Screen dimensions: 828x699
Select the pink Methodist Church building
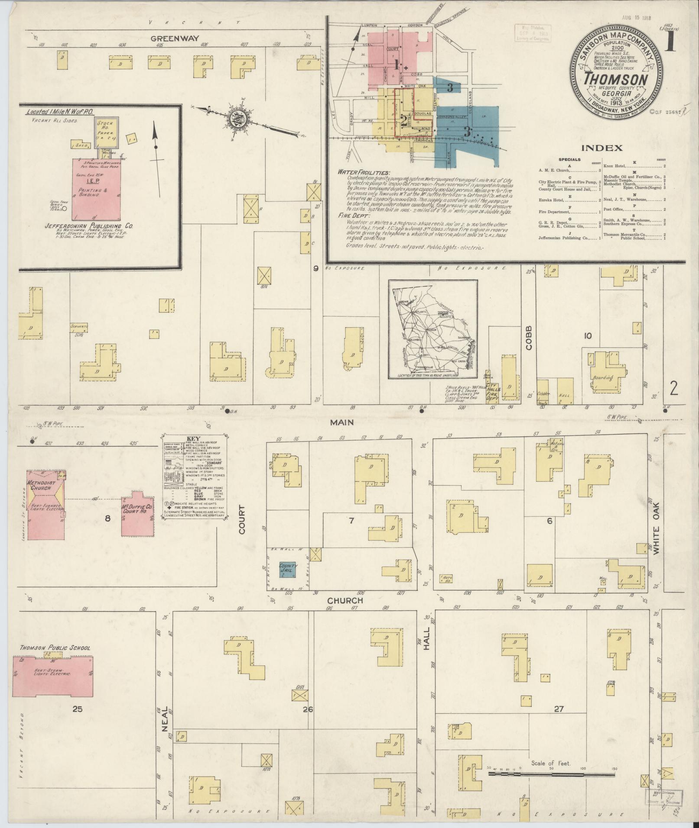point(46,504)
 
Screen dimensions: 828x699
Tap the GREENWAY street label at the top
point(175,38)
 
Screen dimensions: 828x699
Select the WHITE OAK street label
point(656,527)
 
